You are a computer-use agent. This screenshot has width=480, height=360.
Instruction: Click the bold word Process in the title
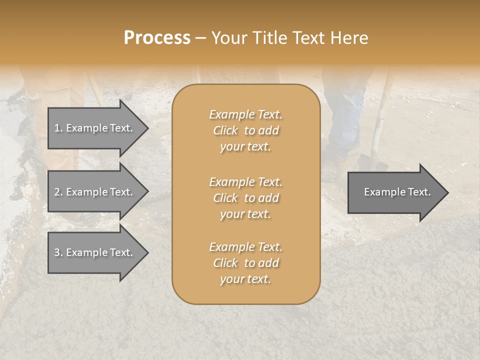pyautogui.click(x=157, y=38)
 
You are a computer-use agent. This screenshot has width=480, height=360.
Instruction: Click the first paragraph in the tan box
pyautogui.click(x=245, y=130)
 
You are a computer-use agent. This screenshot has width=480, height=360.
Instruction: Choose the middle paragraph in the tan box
pyautogui.click(x=245, y=198)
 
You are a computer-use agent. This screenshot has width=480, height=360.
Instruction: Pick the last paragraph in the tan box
pyautogui.click(x=245, y=263)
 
